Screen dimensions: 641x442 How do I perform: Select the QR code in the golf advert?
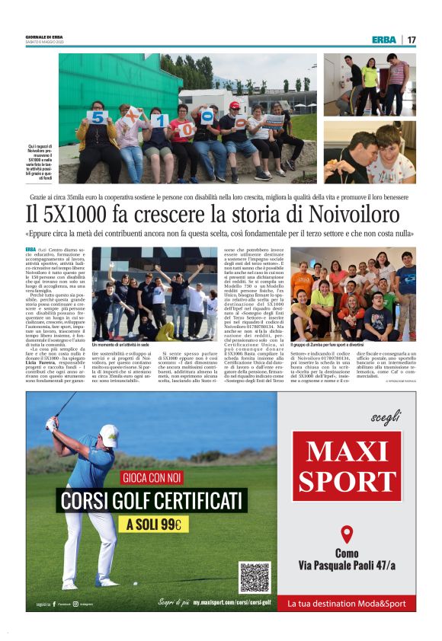(x=255, y=576)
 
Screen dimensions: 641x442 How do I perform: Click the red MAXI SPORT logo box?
(x=347, y=466)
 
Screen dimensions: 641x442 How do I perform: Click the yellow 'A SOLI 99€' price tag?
(x=154, y=525)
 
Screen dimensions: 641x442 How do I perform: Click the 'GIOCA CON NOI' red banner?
(x=155, y=480)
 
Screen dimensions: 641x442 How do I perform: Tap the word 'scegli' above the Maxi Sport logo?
(x=383, y=418)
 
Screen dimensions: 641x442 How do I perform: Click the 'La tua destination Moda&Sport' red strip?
(x=347, y=603)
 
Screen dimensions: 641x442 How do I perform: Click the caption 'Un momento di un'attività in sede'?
(x=120, y=345)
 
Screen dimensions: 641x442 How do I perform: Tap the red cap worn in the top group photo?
(x=235, y=105)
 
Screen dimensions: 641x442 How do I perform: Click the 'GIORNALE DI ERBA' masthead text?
(x=44, y=37)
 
